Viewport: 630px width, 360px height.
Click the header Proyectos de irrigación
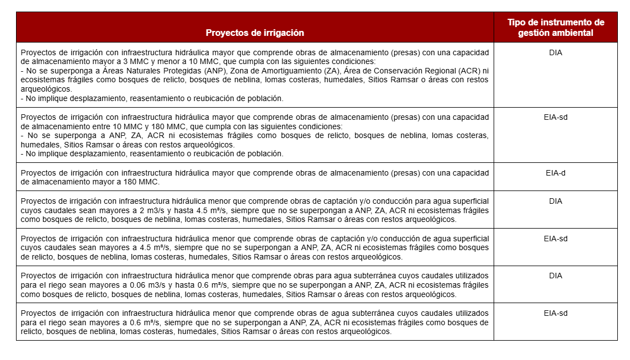point(255,33)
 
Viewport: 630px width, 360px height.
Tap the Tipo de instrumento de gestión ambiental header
point(555,28)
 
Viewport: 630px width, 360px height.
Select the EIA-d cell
point(555,173)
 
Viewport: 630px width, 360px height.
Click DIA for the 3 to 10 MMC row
point(555,53)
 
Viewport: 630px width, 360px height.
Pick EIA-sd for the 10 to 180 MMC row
point(555,117)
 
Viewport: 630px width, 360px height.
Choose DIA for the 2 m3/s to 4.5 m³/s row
point(555,201)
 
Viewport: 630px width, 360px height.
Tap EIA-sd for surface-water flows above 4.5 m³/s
point(555,239)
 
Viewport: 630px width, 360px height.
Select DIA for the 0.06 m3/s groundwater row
point(555,276)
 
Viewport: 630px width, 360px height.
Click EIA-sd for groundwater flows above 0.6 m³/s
point(555,313)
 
